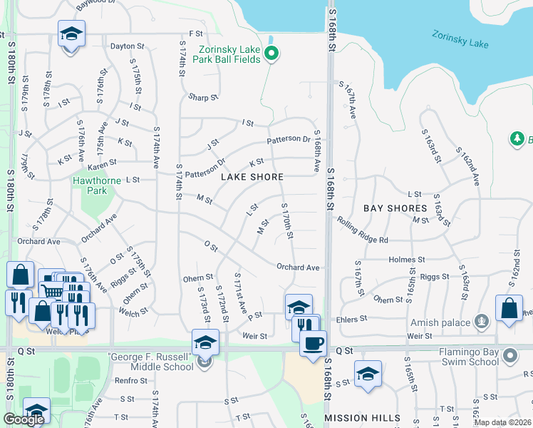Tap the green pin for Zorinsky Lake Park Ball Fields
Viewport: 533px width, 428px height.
click(x=271, y=53)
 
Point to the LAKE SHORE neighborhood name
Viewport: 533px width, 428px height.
click(x=252, y=177)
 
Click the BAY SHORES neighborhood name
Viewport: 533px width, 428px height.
click(x=395, y=208)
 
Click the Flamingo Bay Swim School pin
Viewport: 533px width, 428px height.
click(x=509, y=355)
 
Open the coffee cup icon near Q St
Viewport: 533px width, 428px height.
click(x=312, y=344)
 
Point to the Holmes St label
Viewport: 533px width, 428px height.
click(x=407, y=260)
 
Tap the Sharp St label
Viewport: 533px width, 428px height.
click(x=202, y=98)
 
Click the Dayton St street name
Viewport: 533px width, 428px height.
click(x=128, y=46)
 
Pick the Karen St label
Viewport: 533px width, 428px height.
click(x=102, y=166)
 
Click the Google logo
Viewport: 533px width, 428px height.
click(x=24, y=419)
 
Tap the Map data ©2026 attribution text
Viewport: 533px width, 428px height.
click(x=503, y=422)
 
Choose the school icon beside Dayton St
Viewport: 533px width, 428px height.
click(x=71, y=35)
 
